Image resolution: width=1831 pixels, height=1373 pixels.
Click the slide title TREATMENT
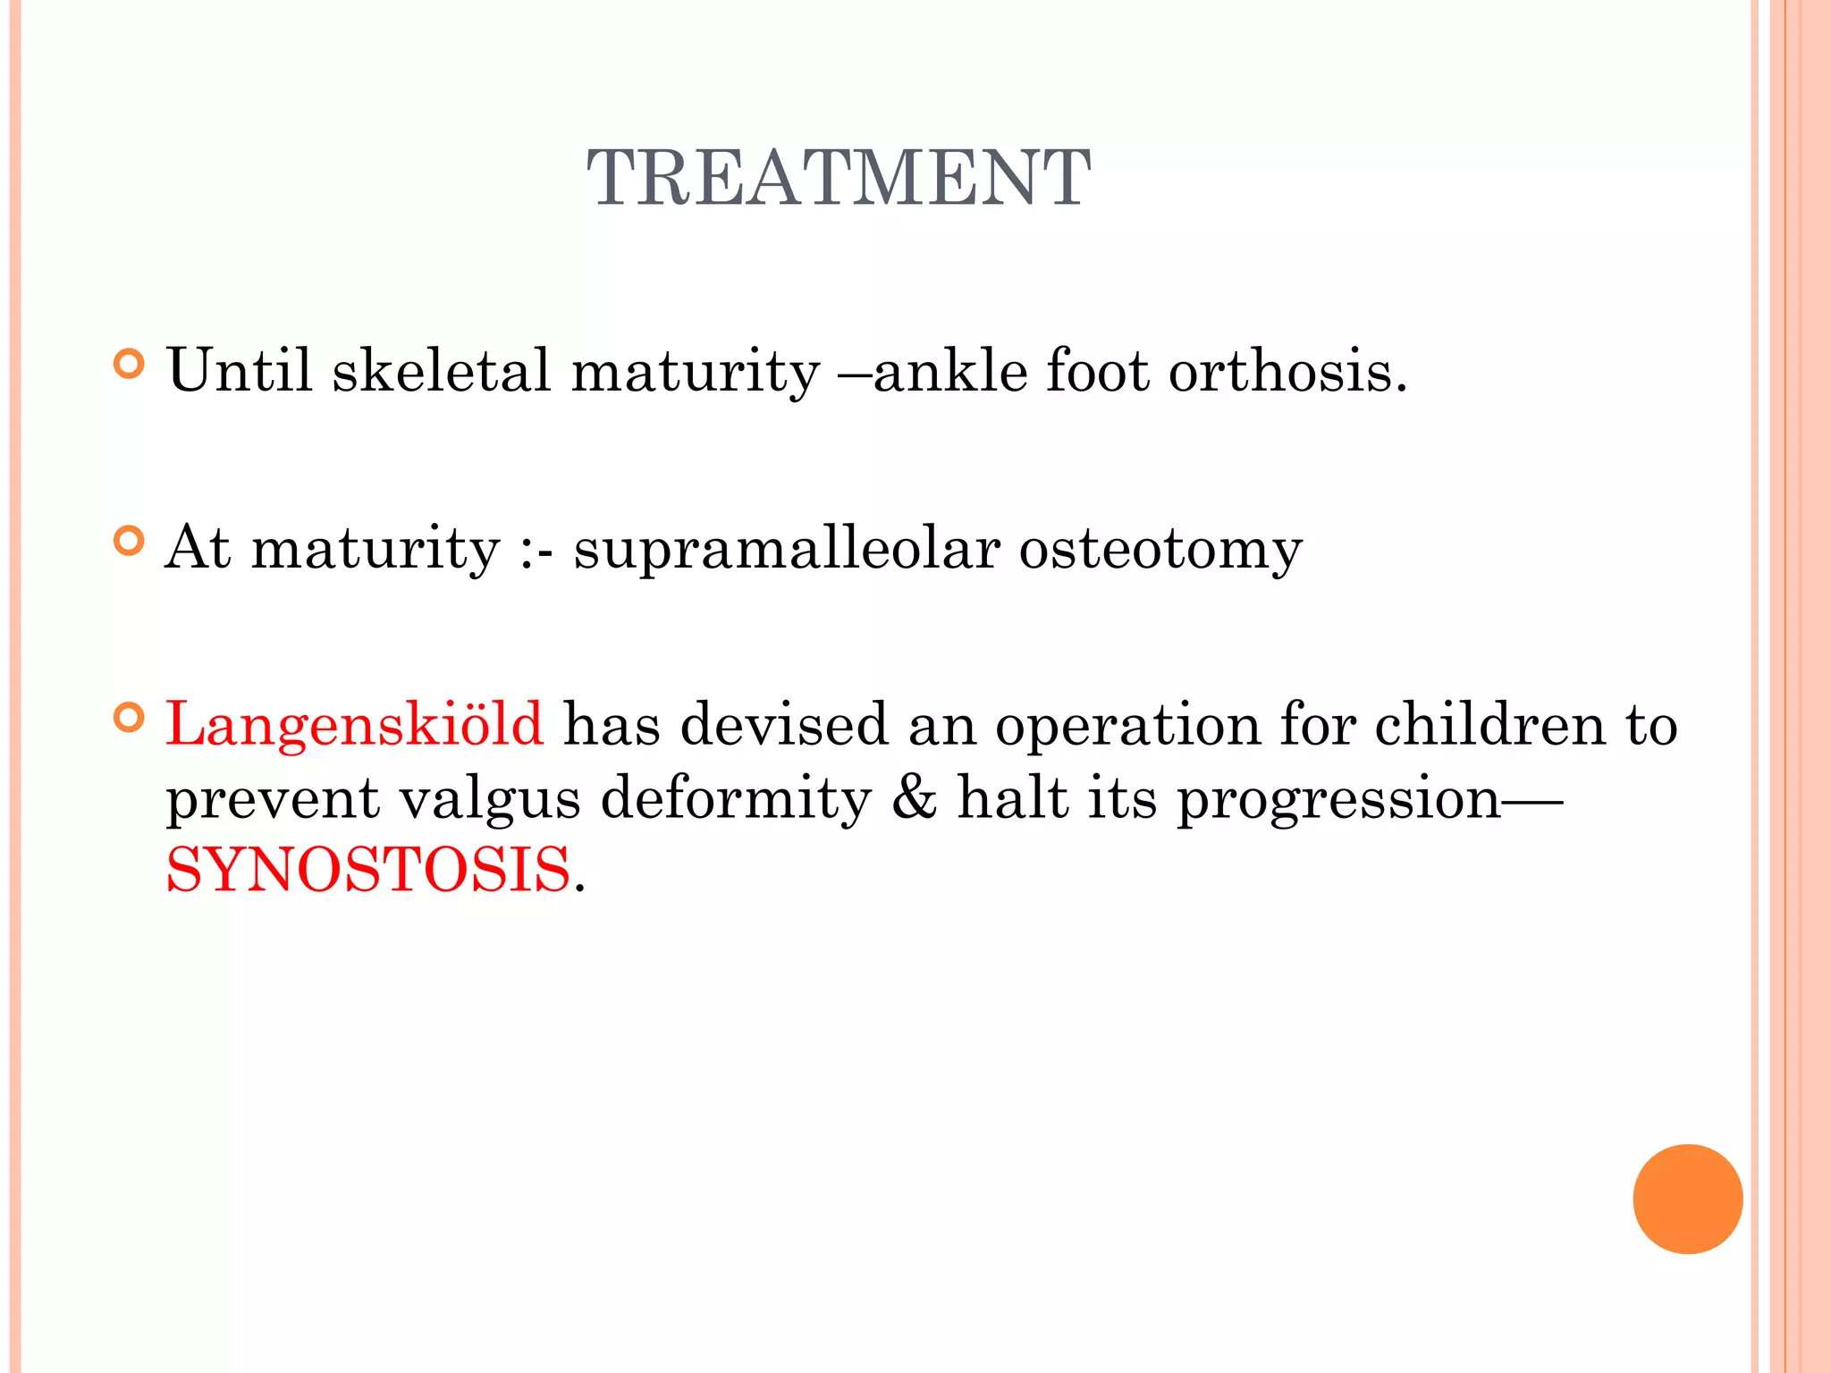[x=838, y=179]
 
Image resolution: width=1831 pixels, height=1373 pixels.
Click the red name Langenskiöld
[x=354, y=724]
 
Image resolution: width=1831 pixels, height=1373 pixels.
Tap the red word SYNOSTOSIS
[x=368, y=870]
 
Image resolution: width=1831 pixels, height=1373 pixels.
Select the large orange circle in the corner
[x=1687, y=1199]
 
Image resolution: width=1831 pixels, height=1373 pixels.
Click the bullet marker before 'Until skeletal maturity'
[x=130, y=365]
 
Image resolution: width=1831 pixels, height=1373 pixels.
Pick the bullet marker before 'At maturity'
[x=130, y=542]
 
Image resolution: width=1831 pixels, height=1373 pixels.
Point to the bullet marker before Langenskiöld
[x=130, y=718]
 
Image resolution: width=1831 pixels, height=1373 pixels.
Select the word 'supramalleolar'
[x=787, y=549]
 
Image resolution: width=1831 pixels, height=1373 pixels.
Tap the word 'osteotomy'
[x=1160, y=549]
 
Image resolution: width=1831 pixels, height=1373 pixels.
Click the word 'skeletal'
[x=442, y=370]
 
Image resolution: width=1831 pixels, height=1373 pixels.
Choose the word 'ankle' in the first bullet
[x=949, y=370]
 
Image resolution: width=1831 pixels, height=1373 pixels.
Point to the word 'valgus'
[x=489, y=798]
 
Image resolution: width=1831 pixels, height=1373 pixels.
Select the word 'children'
[x=1489, y=724]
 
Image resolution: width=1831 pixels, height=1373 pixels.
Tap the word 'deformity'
[x=736, y=798]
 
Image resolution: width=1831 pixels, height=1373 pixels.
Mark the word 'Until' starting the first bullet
[x=240, y=370]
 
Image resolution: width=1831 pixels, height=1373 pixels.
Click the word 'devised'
[x=784, y=724]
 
